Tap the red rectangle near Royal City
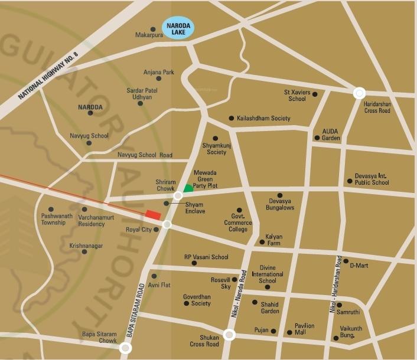coord(153,215)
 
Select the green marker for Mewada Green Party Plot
coord(187,188)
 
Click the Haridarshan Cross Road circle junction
coord(359,93)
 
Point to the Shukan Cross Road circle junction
coord(229,335)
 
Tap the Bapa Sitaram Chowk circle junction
coord(125,349)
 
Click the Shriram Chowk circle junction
coord(178,196)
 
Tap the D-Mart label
coord(359,266)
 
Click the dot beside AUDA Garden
coord(317,138)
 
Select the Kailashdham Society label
coord(263,119)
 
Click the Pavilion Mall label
coord(305,329)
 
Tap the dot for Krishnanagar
coord(84,251)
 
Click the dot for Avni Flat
coord(154,276)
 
